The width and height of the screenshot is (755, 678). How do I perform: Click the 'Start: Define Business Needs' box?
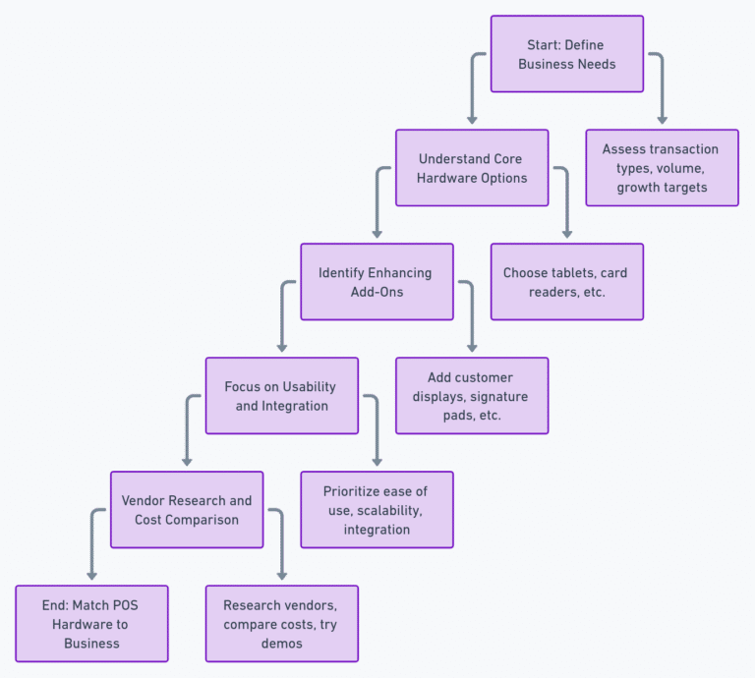tap(567, 54)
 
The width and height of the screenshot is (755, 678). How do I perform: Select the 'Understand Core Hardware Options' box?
tap(472, 168)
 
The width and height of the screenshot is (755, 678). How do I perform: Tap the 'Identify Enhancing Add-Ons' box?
tap(377, 282)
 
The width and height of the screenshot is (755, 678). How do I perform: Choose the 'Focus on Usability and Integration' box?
tap(281, 396)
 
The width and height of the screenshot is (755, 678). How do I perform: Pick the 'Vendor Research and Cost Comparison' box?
tap(187, 510)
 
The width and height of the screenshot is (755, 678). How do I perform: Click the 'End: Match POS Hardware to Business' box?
tap(91, 624)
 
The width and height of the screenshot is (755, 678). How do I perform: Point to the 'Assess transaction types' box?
tap(662, 168)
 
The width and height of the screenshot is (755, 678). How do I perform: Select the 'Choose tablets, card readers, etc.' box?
tap(567, 282)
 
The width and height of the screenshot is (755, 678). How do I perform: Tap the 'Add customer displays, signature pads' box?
tap(472, 396)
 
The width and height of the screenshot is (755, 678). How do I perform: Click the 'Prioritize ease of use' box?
tap(377, 510)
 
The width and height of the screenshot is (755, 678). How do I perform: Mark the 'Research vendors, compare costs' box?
tap(281, 624)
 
